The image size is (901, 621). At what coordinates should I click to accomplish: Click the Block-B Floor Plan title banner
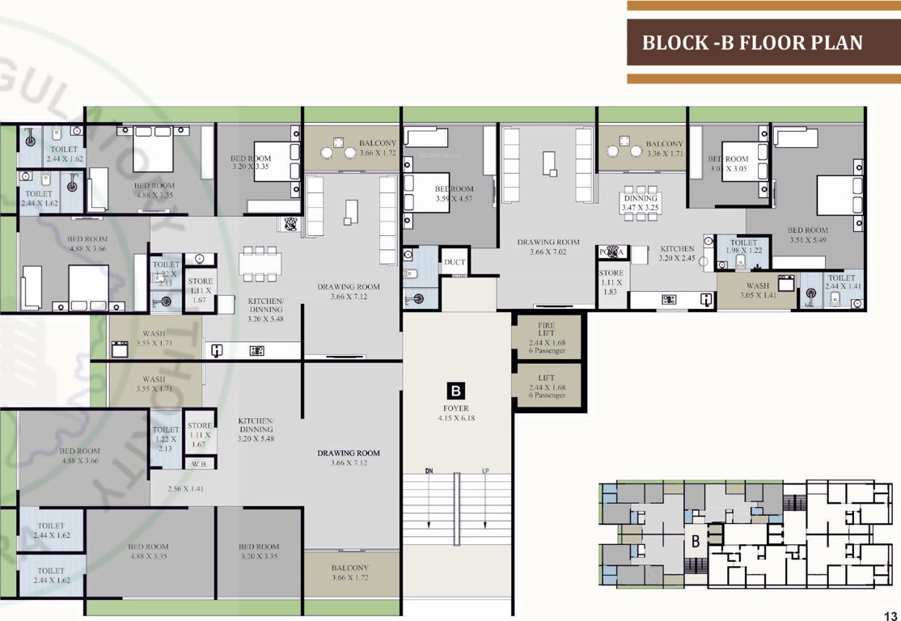tap(752, 43)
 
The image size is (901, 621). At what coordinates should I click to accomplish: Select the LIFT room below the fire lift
tap(547, 387)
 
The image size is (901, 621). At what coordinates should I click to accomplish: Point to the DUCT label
tap(454, 262)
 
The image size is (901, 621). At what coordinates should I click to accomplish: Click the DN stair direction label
tap(429, 471)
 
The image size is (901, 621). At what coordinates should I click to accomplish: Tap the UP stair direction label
tap(485, 471)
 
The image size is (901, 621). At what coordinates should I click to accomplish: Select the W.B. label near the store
tap(199, 464)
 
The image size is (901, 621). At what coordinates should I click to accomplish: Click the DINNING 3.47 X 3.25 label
tap(640, 202)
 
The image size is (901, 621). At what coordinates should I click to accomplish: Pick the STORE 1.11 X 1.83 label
tap(611, 282)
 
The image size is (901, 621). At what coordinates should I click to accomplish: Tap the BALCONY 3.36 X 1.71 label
tap(665, 148)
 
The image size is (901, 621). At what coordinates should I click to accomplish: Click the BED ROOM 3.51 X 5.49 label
tap(808, 235)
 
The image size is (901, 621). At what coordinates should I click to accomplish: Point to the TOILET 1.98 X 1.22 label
tap(743, 247)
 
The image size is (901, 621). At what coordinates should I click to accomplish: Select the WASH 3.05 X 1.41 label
tap(758, 290)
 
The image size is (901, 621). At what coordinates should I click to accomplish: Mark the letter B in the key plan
tap(694, 542)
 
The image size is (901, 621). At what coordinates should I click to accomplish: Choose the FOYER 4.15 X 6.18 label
tap(456, 413)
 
